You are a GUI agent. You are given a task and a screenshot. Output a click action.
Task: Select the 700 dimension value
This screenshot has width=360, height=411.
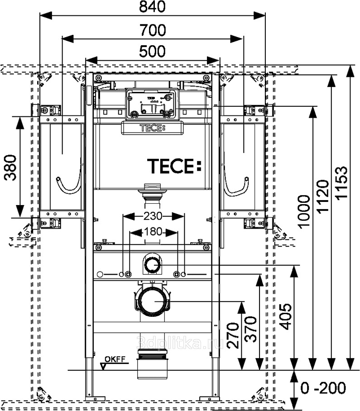(152, 30)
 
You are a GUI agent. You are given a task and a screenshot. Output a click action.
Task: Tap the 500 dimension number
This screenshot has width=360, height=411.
(152, 51)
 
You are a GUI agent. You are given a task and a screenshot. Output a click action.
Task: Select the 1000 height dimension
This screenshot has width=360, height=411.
(304, 210)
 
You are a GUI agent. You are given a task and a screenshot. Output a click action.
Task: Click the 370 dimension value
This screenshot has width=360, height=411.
(252, 329)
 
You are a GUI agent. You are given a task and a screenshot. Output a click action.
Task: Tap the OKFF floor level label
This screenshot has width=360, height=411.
(114, 360)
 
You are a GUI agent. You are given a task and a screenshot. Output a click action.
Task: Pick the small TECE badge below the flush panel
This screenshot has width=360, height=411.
(152, 128)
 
